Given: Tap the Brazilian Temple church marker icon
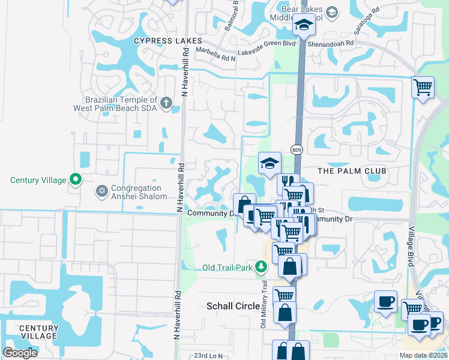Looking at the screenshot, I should click(166, 104).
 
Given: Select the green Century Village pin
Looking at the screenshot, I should click(76, 179).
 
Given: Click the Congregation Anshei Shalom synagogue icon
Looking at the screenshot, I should click(101, 192).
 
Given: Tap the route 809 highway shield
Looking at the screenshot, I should click(296, 149).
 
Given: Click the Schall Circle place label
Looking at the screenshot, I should click(233, 306).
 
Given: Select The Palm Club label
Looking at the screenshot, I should click(352, 171).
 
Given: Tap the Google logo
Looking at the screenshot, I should click(20, 353).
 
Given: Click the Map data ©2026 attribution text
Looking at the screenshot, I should click(422, 355).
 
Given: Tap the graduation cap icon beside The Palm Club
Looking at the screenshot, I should click(270, 162).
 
